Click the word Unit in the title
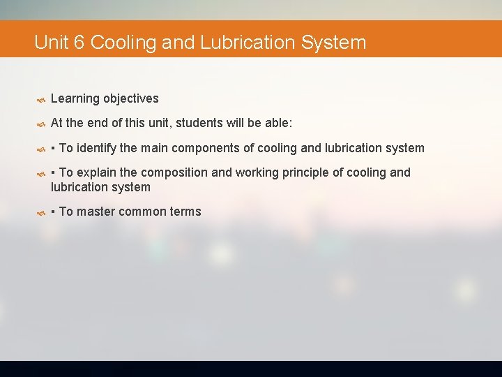click(x=51, y=43)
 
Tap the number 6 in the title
click(x=79, y=43)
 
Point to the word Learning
click(x=75, y=99)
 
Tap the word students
click(x=198, y=124)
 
